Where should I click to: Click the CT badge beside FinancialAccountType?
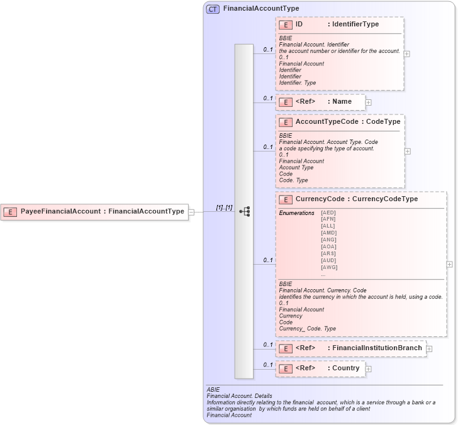click(x=213, y=9)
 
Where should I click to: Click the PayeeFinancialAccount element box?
click(x=95, y=212)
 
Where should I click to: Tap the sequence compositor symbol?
click(x=245, y=212)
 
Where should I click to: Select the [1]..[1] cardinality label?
click(x=224, y=207)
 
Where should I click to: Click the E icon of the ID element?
click(x=286, y=25)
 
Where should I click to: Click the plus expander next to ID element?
click(x=406, y=53)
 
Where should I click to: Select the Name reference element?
click(x=320, y=102)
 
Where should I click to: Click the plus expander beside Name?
click(x=368, y=102)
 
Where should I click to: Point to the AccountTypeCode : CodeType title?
click(x=347, y=122)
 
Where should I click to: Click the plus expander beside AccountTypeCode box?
click(x=408, y=151)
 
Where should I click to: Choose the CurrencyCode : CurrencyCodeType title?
click(x=356, y=199)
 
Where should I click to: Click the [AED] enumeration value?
click(x=328, y=213)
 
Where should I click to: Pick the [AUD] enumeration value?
click(x=328, y=260)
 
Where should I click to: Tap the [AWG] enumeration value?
click(x=328, y=267)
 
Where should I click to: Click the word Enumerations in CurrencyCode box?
click(x=296, y=213)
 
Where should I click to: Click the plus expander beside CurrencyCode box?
click(x=449, y=265)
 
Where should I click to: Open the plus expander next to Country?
click(x=368, y=369)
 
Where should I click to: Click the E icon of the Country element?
click(x=286, y=369)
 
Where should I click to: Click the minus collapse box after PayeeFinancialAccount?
click(x=191, y=213)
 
